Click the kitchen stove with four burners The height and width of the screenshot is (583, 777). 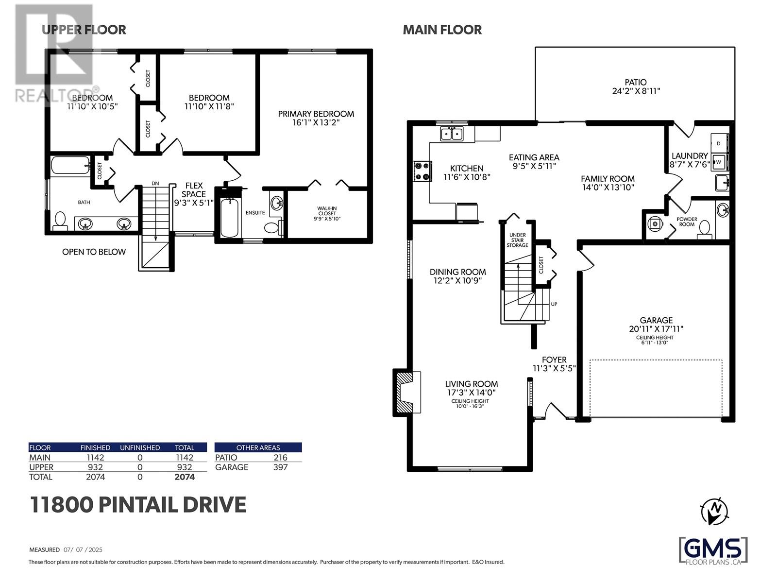(422, 171)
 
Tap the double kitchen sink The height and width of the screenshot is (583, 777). (452, 134)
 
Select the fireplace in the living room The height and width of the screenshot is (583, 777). (407, 392)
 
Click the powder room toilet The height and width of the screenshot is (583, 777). (704, 229)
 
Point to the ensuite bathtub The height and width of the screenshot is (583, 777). (229, 217)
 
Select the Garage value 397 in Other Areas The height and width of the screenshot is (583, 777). (280, 467)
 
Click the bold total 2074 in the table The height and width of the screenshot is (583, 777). (185, 477)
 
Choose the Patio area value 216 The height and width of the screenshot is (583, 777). (280, 457)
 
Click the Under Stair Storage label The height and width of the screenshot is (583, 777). (517, 240)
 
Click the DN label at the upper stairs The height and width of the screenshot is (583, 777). (155, 183)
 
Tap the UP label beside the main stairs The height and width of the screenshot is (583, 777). (554, 304)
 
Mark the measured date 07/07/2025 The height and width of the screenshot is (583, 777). (83, 550)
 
